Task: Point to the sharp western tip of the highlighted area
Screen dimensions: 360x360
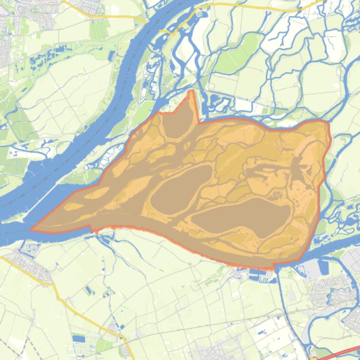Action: [32, 229]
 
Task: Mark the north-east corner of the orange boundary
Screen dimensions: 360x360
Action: [327, 122]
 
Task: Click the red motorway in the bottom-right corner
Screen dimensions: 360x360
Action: [337, 353]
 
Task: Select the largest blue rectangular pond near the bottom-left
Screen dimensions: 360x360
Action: [79, 338]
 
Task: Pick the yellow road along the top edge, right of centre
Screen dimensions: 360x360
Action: [253, 5]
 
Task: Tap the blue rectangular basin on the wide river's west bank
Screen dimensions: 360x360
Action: [111, 56]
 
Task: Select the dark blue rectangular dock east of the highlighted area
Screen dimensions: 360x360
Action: [323, 266]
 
